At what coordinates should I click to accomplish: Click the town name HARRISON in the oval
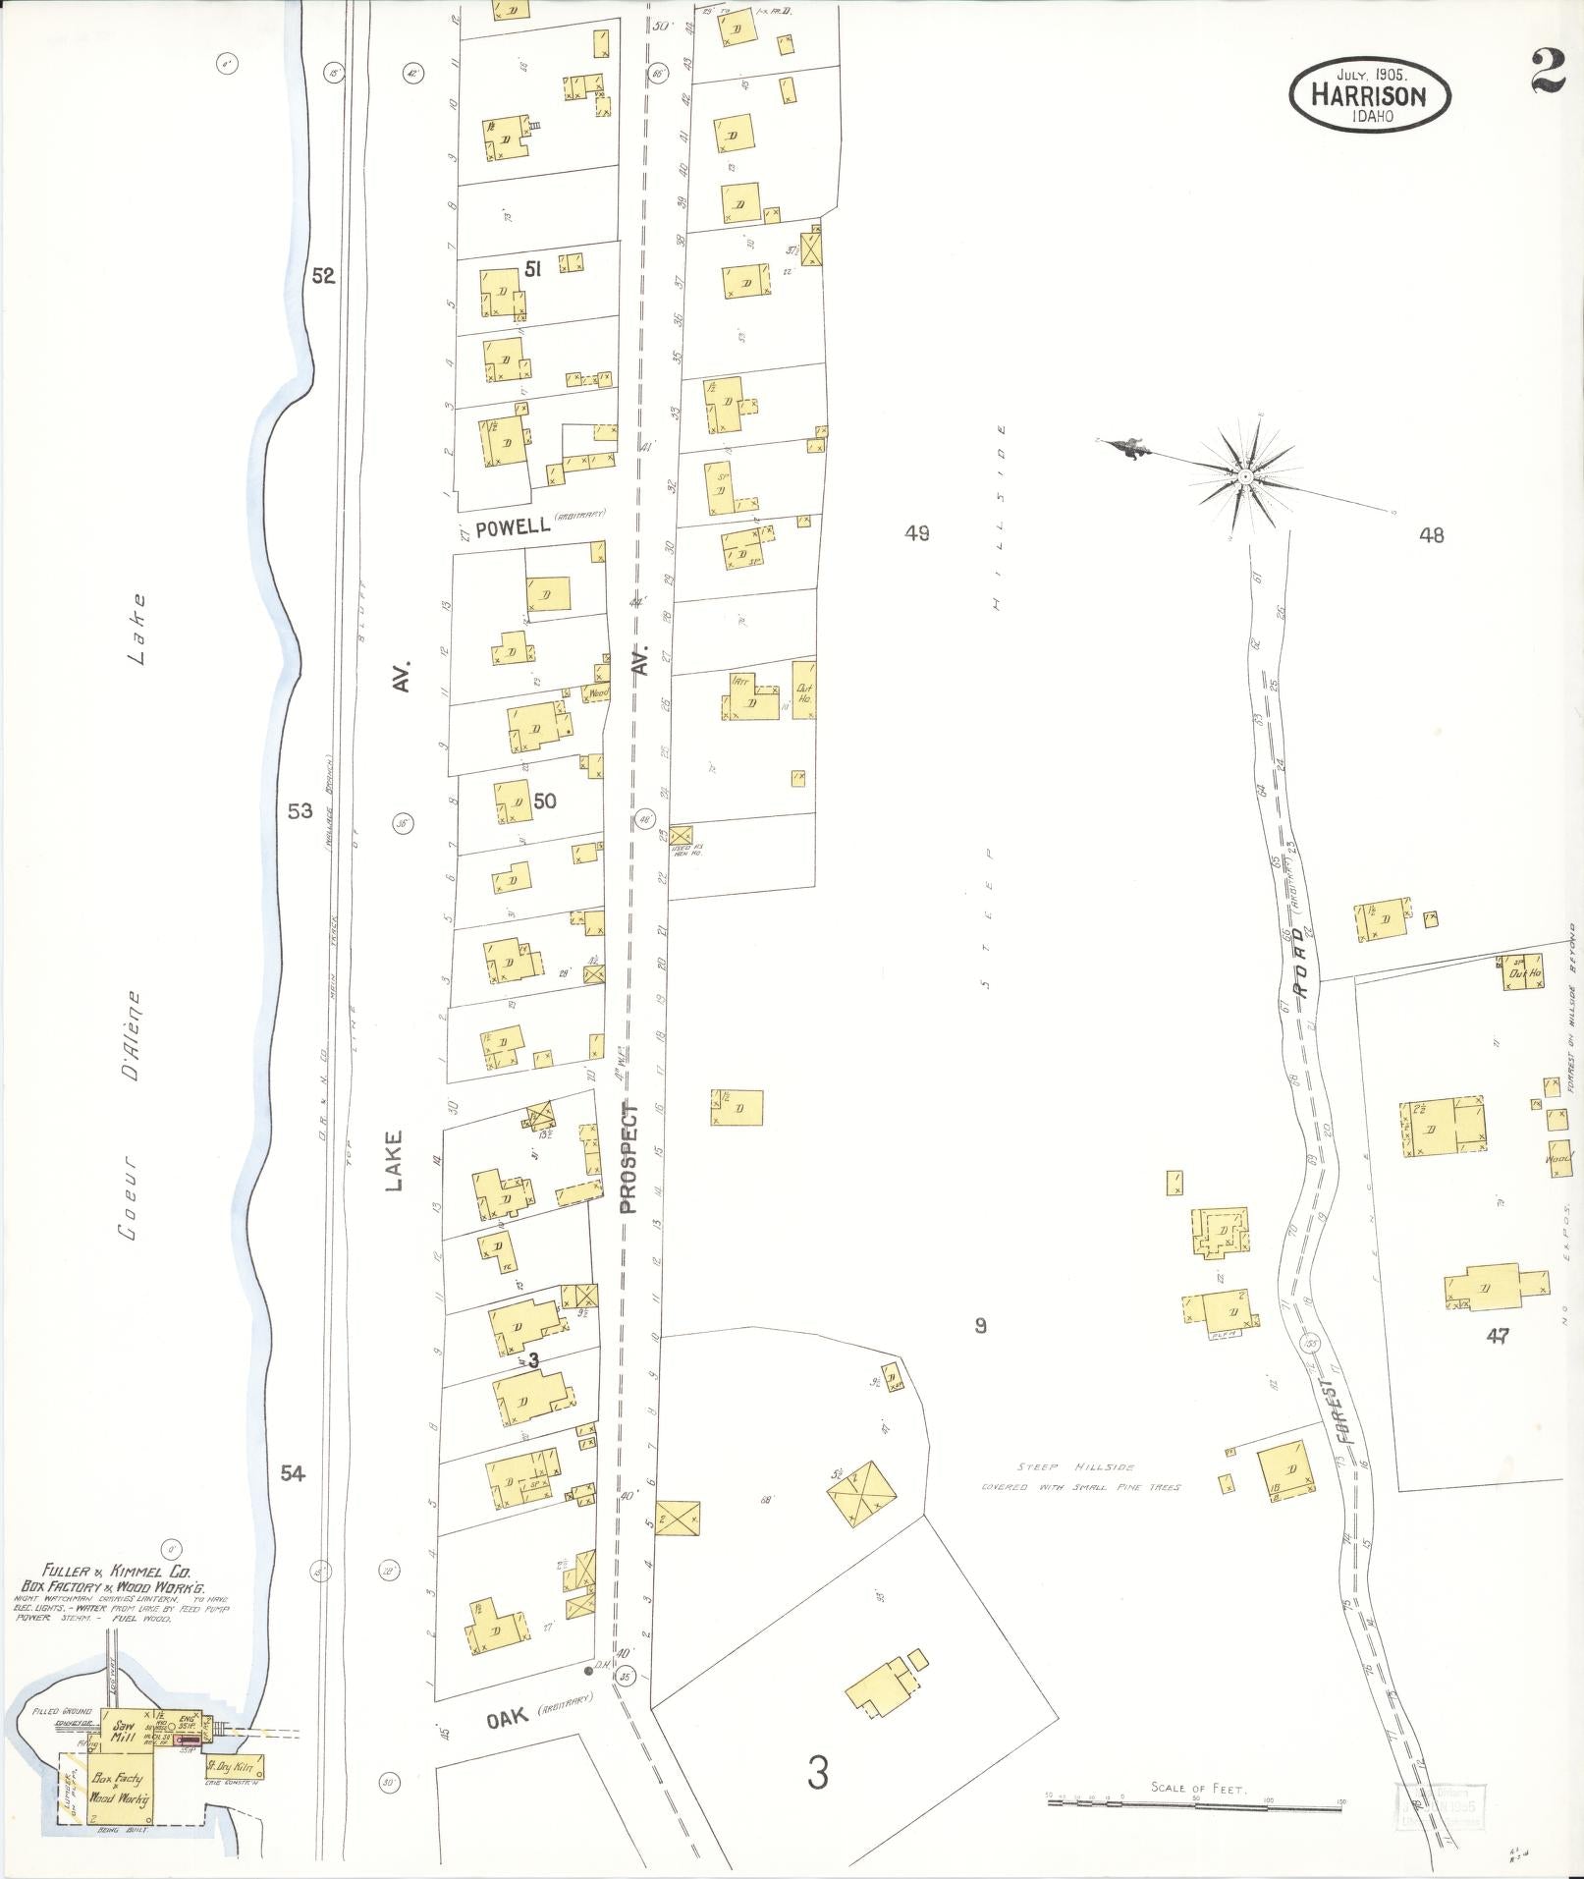[x=1369, y=95]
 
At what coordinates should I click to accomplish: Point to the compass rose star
[x=1244, y=476]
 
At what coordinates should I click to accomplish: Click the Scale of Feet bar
[x=1193, y=1117]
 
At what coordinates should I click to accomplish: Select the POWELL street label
[x=512, y=527]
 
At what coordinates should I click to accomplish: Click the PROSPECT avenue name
[x=629, y=1159]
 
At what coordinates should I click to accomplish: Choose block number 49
[x=918, y=533]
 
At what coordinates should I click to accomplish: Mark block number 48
[x=1431, y=535]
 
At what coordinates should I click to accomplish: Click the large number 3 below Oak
[x=817, y=1085]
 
